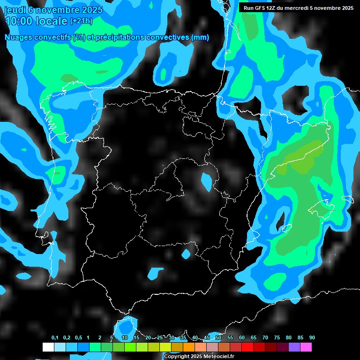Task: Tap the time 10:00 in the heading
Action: click(x=19, y=21)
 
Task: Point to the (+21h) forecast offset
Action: click(x=81, y=21)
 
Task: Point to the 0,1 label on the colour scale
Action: click(x=55, y=338)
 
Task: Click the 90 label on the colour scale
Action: click(x=312, y=338)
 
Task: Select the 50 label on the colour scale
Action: click(x=218, y=338)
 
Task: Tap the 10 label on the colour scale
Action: click(x=125, y=338)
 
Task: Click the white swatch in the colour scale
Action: click(x=48, y=347)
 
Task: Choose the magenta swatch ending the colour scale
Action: click(x=306, y=347)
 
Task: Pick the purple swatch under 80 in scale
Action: click(x=294, y=347)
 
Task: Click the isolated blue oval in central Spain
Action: click(x=206, y=181)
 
